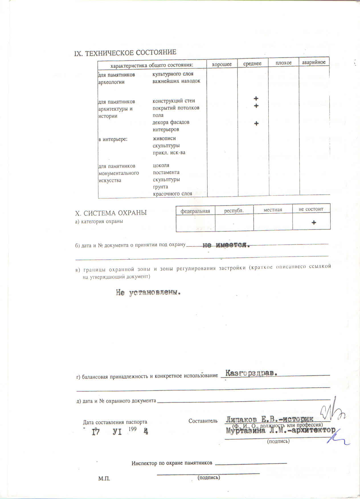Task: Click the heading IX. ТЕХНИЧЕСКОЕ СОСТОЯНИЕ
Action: [125, 53]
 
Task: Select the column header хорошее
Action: [222, 64]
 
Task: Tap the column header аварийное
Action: [314, 62]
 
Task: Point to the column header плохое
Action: [283, 63]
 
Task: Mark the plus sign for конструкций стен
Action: [256, 99]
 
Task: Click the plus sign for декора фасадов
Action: [256, 123]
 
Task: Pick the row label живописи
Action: [164, 138]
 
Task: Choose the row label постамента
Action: [166, 172]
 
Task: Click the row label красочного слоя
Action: [172, 194]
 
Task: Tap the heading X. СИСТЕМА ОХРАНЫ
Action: [111, 213]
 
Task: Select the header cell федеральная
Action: [195, 211]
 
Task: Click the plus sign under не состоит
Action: [314, 222]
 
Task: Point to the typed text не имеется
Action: [226, 245]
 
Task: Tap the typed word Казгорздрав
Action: [251, 373]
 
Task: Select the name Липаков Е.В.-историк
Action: [269, 419]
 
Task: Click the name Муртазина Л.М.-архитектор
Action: [281, 430]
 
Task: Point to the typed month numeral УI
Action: [117, 432]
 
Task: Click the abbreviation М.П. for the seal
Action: [104, 479]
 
